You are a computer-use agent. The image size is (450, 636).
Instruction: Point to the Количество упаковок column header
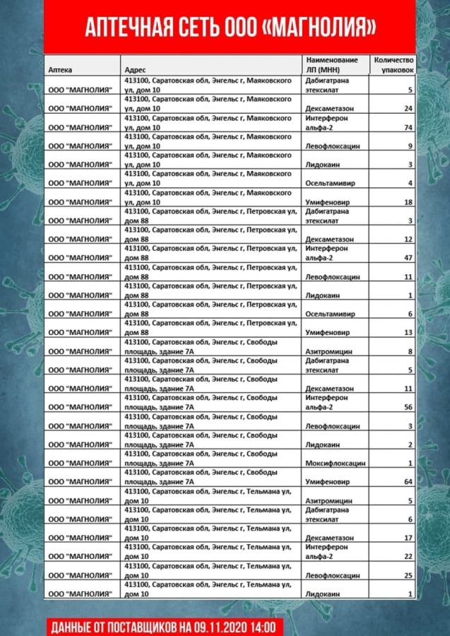[x=393, y=65]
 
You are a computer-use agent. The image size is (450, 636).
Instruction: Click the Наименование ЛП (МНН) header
[x=332, y=65]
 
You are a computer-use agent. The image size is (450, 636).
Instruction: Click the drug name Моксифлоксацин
[x=335, y=464]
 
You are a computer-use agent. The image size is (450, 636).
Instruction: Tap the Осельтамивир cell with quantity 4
[x=331, y=183]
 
